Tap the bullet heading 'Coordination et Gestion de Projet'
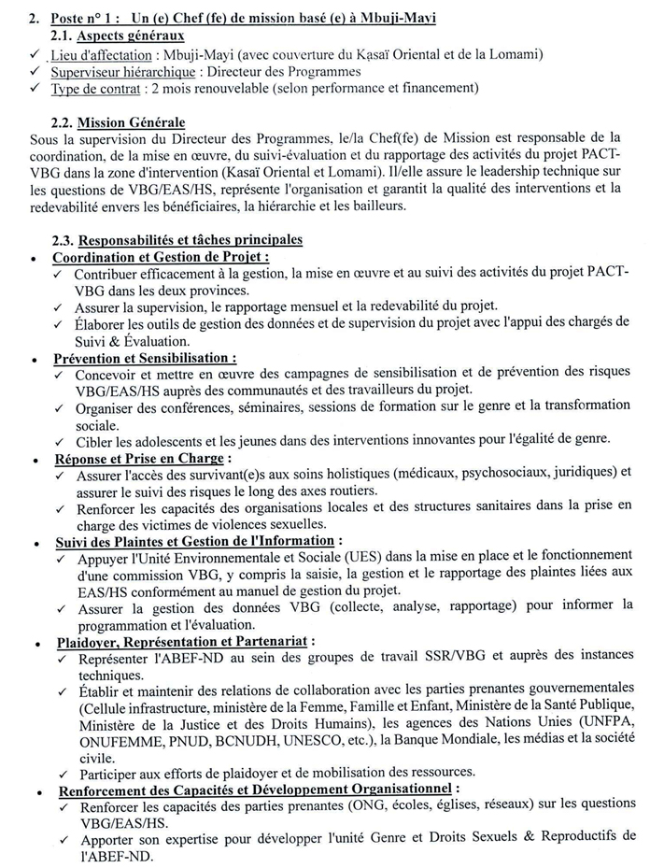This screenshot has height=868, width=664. [x=160, y=257]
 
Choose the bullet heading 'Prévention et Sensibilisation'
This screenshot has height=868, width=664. [x=143, y=358]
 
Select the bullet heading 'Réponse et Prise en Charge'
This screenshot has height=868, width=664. [x=138, y=459]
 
